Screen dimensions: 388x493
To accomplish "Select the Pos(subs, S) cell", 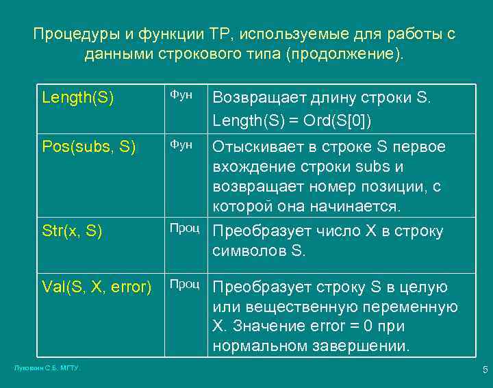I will pyautogui.click(x=89, y=146).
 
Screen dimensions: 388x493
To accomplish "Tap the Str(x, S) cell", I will pyautogui.click(x=72, y=231).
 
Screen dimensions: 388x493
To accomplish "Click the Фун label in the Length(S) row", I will pyautogui.click(x=181, y=95).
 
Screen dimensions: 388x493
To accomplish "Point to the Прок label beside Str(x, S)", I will pyautogui.click(x=185, y=228).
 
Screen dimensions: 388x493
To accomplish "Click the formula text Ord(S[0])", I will pyautogui.click(x=340, y=121).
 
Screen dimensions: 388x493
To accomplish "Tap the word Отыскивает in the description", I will pyautogui.click(x=257, y=147).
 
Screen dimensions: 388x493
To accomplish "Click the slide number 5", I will pyautogui.click(x=485, y=370).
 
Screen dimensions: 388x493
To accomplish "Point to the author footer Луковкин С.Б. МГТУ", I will pyautogui.click(x=47, y=368).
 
